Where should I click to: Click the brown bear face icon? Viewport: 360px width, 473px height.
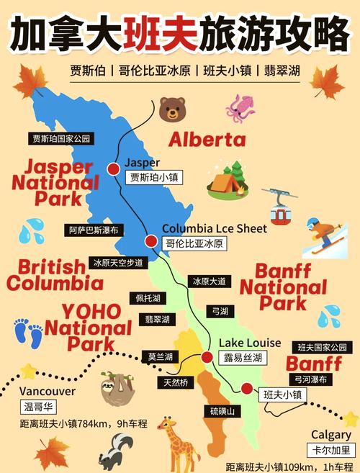[173, 109]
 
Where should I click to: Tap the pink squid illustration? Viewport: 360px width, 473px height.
[240, 107]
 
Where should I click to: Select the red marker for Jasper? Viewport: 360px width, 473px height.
[113, 168]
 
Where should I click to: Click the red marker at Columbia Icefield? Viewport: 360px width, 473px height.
[151, 241]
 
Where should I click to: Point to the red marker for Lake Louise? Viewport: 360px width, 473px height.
[207, 357]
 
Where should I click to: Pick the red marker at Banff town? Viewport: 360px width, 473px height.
[247, 388]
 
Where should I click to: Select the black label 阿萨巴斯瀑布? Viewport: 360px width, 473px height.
[94, 230]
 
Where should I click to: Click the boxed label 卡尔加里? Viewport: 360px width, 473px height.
[330, 450]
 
